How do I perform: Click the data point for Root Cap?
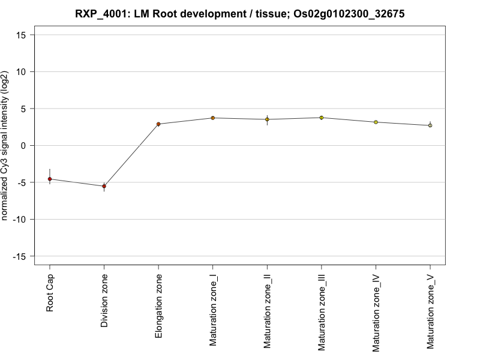50,179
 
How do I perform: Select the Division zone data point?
104,186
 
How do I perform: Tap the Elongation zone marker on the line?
158,124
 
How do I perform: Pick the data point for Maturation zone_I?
212,118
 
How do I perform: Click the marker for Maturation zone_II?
267,119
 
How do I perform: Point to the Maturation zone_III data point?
321,118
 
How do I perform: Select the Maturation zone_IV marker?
376,122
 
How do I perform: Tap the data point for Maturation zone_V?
430,125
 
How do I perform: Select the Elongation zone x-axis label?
158,305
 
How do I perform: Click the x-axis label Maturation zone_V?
430,311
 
